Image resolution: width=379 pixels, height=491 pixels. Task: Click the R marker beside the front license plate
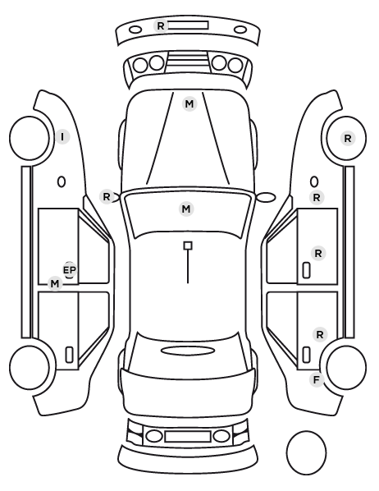(x=161, y=25)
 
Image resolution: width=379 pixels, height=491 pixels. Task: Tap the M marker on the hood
(x=189, y=104)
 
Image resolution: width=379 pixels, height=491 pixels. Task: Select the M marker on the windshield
(x=186, y=209)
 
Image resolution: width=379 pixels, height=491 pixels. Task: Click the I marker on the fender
(x=62, y=137)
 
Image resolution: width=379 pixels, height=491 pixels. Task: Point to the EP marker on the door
(x=70, y=270)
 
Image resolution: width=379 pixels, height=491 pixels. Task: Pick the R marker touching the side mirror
(x=107, y=197)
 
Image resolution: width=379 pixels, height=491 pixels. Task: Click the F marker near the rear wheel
(x=317, y=380)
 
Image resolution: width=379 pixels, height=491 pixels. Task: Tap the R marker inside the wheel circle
(x=348, y=139)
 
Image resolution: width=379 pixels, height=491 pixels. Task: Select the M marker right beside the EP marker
(x=55, y=284)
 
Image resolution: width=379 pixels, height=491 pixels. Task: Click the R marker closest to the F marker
(x=320, y=335)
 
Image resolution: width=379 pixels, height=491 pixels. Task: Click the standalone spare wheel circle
(x=306, y=452)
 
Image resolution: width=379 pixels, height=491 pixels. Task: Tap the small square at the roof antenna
(x=188, y=245)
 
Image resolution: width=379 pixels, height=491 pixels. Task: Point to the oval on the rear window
(x=188, y=351)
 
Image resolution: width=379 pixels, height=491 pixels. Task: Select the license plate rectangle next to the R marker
(x=188, y=25)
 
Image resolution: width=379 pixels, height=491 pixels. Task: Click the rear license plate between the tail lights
(x=188, y=437)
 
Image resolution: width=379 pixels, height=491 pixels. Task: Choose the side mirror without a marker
(x=267, y=197)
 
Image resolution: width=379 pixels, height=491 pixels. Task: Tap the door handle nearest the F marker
(x=306, y=355)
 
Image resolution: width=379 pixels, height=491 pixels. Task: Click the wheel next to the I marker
(x=30, y=139)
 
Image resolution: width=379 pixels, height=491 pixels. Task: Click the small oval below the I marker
(x=62, y=181)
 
